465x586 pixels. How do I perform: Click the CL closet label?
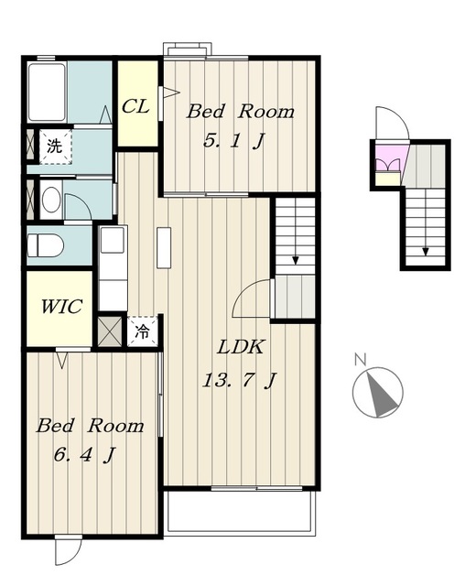click(x=135, y=106)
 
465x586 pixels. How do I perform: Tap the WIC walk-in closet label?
click(x=61, y=307)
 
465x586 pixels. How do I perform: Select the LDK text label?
click(x=241, y=347)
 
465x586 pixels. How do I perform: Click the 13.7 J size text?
click(x=239, y=381)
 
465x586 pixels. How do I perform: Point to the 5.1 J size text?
click(x=233, y=141)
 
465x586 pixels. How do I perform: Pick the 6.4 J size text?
click(x=84, y=455)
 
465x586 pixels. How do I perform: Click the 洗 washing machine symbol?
click(x=55, y=146)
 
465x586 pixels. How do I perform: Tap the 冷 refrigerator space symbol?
click(x=142, y=331)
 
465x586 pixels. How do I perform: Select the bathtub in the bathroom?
click(x=47, y=92)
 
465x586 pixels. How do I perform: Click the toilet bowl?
click(x=46, y=245)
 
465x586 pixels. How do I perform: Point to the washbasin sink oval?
click(x=51, y=200)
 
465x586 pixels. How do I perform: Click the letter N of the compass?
click(x=360, y=359)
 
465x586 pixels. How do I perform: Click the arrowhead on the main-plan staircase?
click(x=295, y=260)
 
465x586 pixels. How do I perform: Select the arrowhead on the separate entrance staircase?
click(x=426, y=251)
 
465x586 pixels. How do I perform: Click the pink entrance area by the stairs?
click(x=391, y=157)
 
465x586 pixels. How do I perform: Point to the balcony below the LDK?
click(x=240, y=511)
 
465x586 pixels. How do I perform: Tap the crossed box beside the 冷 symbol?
click(x=110, y=331)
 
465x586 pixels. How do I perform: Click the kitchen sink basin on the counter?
click(x=113, y=240)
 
